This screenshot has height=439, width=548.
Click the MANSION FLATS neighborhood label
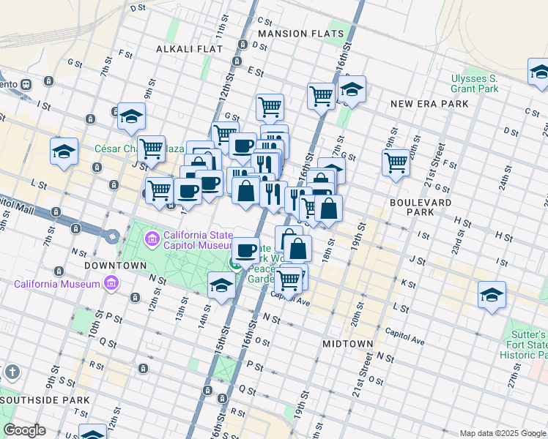click(300, 34)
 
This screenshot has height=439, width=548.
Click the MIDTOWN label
click(347, 343)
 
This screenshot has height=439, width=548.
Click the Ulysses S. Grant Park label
click(474, 83)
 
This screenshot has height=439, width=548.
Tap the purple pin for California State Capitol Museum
click(152, 238)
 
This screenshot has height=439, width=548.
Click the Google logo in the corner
click(24, 430)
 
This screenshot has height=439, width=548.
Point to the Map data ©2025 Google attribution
click(503, 433)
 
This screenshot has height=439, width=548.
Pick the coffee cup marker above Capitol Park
click(246, 250)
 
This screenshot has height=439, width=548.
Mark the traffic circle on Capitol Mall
click(112, 236)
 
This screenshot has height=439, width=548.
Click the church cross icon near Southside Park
click(11, 372)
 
